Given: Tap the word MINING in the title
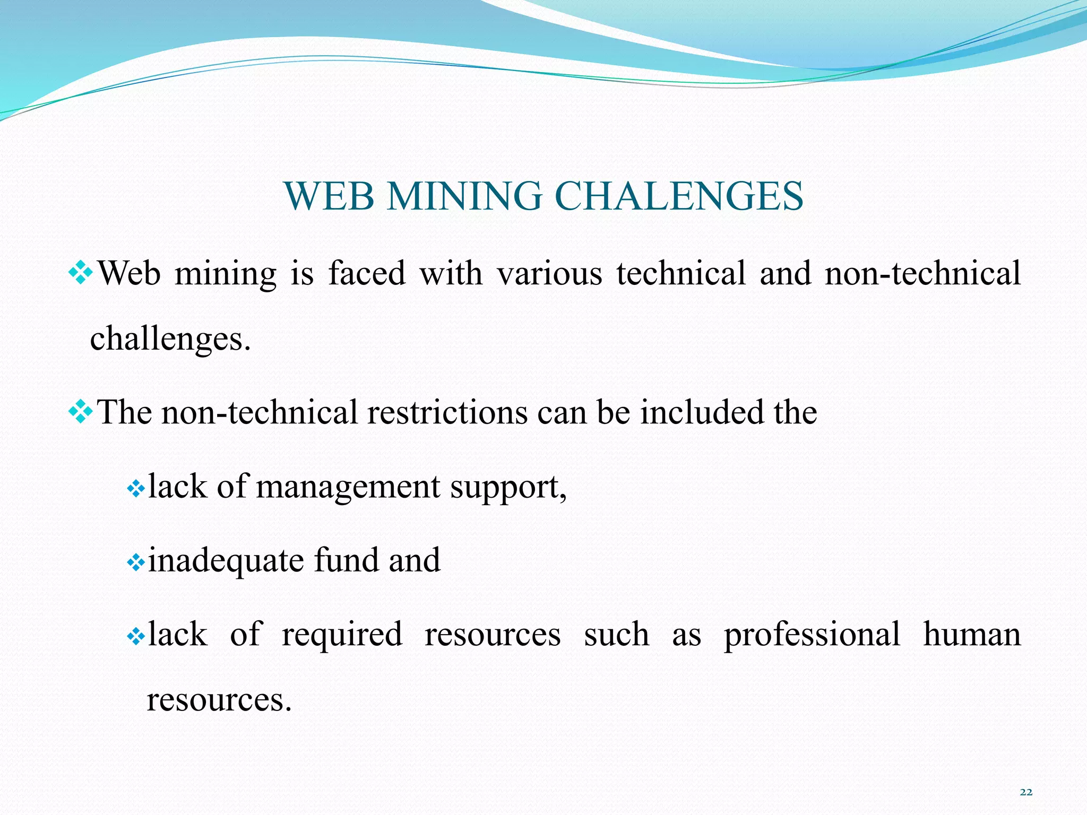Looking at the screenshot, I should pos(464,196).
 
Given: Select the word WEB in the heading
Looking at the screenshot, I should pos(329,196).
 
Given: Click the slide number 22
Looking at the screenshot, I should pos(1026,792).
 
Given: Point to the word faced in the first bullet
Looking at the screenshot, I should pos(367,274).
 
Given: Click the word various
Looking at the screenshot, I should pos(549,274).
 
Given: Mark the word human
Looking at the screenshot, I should pos(972,635).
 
